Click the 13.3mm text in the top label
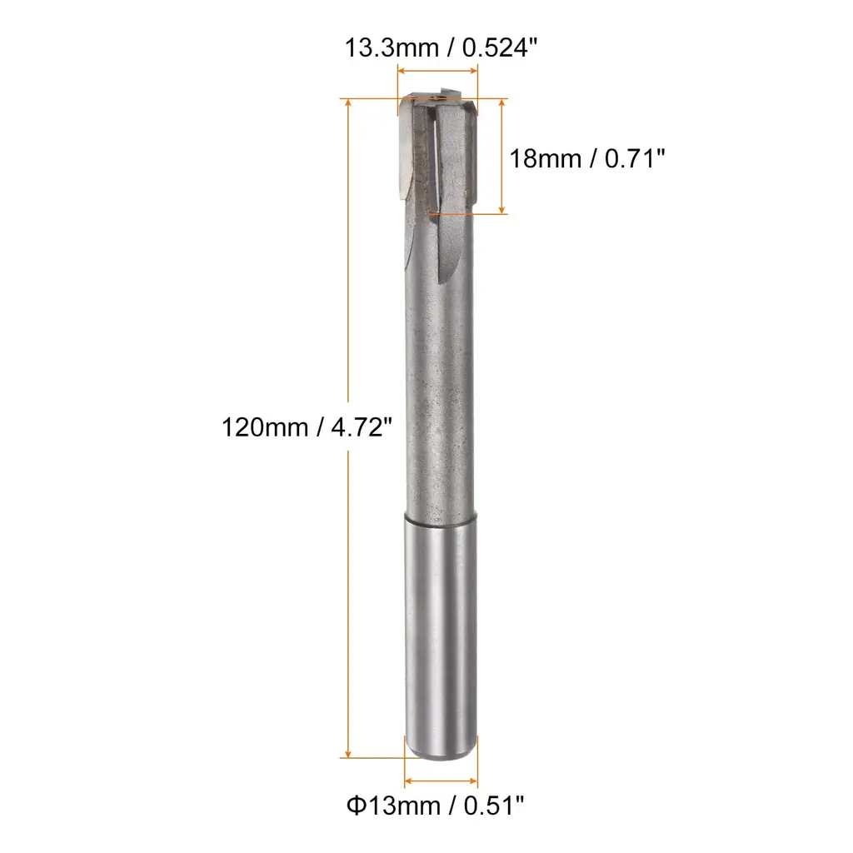392,47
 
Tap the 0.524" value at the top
500,47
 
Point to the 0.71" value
635,159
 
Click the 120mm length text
265,427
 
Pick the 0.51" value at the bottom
494,806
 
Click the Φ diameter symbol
356,806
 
